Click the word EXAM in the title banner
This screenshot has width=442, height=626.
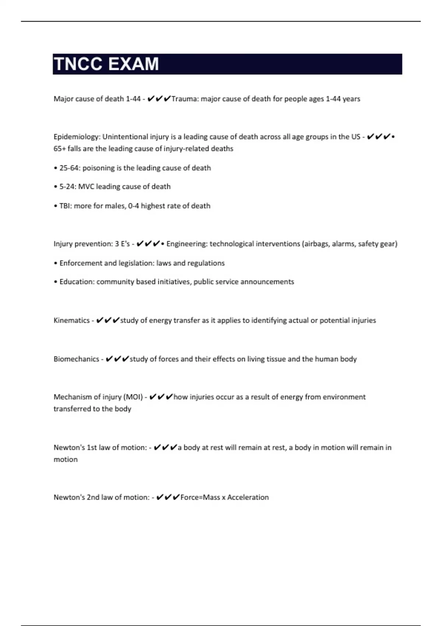[x=134, y=64]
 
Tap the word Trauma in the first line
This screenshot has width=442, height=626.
[x=185, y=99]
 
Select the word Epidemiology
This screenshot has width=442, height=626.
[x=77, y=137]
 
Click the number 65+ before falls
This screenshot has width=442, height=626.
[x=60, y=149]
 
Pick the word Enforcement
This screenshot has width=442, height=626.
[x=81, y=263]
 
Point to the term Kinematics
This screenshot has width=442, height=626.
[x=71, y=320]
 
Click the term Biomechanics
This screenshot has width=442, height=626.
[x=76, y=359]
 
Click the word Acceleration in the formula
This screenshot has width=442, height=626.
[x=248, y=497]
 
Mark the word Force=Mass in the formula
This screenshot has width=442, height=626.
[x=200, y=497]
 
